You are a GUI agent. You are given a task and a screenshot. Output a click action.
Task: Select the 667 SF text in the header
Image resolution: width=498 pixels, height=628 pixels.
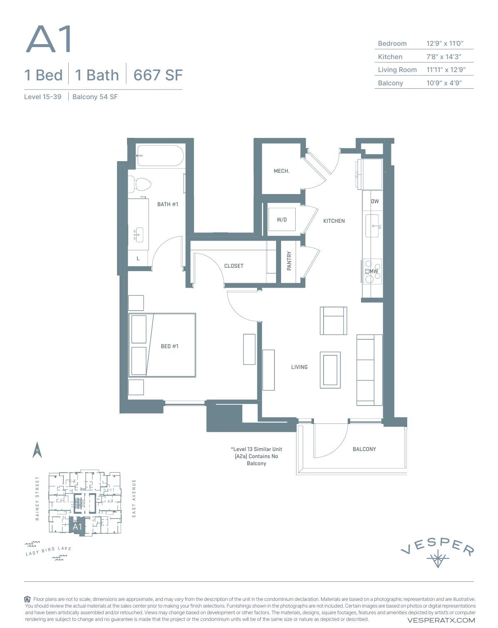(x=158, y=75)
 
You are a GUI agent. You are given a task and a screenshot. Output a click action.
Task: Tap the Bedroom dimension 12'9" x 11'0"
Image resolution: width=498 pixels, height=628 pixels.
(x=444, y=43)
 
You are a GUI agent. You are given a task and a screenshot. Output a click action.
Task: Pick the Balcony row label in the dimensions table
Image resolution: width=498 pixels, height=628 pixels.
(x=390, y=83)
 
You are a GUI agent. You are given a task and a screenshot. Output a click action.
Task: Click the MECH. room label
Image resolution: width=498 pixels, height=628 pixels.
(x=281, y=171)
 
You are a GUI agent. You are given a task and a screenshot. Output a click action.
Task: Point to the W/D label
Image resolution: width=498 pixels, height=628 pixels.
(x=281, y=219)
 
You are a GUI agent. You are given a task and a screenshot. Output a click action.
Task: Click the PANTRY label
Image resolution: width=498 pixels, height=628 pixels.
(x=289, y=261)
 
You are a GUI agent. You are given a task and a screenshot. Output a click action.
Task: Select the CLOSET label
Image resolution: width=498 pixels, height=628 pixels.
(x=234, y=266)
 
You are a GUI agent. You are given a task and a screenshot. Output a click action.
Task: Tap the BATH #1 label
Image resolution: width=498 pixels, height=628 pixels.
(x=167, y=204)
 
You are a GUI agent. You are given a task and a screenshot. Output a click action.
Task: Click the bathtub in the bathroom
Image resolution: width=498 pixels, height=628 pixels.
(x=160, y=156)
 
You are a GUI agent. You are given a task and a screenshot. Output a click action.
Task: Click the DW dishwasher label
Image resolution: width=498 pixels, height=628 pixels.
(x=375, y=201)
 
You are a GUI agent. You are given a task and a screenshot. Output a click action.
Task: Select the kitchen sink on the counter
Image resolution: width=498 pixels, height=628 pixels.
(x=372, y=226)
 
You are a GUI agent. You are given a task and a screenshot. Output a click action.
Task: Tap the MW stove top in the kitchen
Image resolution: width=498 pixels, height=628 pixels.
(x=373, y=271)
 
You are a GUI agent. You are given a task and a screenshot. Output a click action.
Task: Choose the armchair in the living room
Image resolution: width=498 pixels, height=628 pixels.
(x=333, y=321)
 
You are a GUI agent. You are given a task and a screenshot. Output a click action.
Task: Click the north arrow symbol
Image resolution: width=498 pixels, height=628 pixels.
(x=37, y=450)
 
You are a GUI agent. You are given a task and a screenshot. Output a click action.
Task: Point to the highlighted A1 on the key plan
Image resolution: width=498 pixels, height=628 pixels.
(x=77, y=526)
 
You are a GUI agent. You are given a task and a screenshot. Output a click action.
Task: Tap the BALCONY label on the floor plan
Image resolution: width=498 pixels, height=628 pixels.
(x=364, y=449)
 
